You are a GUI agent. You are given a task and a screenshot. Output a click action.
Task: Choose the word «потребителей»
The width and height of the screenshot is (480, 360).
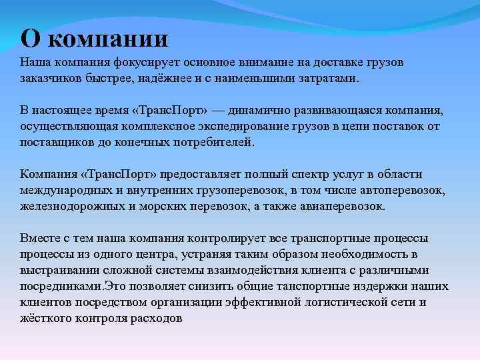click(x=213, y=141)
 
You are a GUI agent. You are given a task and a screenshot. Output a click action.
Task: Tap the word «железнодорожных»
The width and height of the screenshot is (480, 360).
click(x=69, y=207)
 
